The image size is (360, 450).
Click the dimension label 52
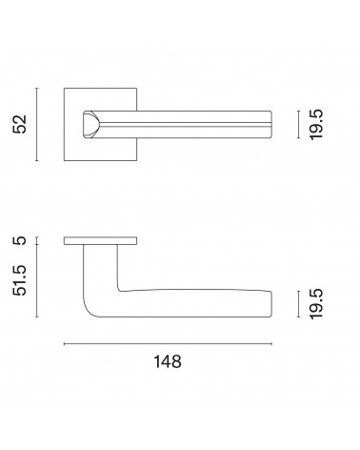click(20, 124)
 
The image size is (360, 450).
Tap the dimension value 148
click(168, 361)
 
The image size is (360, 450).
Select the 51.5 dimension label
click(20, 280)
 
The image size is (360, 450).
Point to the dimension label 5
click(20, 240)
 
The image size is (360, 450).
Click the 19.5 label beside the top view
click(316, 125)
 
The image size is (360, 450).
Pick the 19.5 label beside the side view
click(316, 304)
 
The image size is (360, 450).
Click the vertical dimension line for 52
click(37, 124)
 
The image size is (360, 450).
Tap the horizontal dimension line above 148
click(168, 344)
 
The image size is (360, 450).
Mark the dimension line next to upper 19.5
click(298, 125)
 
